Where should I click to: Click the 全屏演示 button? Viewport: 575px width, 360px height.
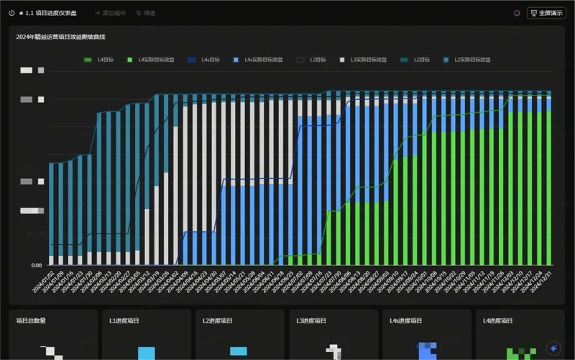click(x=546, y=13)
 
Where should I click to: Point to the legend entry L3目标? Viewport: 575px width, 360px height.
click(x=312, y=60)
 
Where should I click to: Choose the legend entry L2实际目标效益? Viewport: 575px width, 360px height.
click(x=468, y=60)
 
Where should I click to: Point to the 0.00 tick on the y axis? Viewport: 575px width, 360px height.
click(x=36, y=265)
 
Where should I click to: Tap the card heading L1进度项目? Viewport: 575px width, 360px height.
click(x=124, y=321)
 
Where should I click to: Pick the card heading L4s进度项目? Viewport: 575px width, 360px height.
click(x=406, y=321)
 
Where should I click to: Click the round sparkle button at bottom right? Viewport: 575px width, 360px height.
click(x=553, y=347)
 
